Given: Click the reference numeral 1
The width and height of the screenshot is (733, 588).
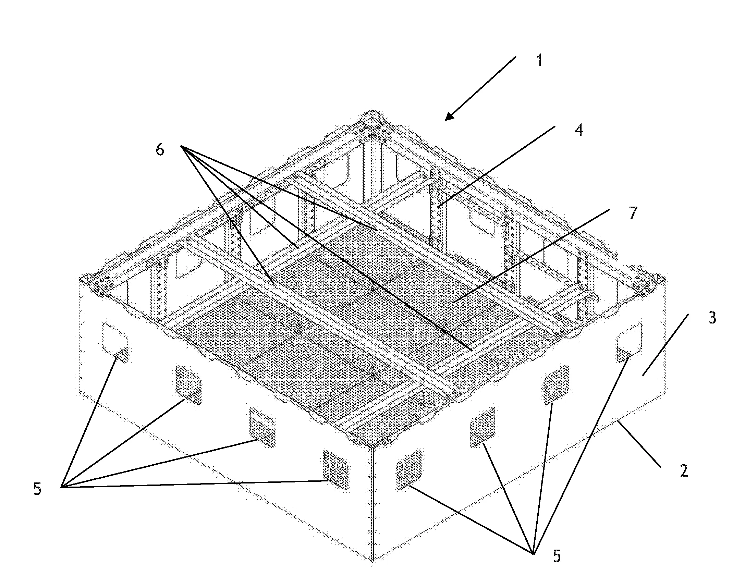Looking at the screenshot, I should click(x=539, y=61).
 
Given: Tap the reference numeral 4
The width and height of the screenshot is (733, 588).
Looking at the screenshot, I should click(x=578, y=130).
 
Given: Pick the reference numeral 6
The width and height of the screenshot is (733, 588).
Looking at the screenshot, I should click(x=160, y=150).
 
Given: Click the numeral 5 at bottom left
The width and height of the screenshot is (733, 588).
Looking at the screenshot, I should click(x=37, y=489).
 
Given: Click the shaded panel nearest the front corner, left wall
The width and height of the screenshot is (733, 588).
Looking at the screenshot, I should click(x=336, y=470).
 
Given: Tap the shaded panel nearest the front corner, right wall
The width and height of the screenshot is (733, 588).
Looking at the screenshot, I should click(x=408, y=469).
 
